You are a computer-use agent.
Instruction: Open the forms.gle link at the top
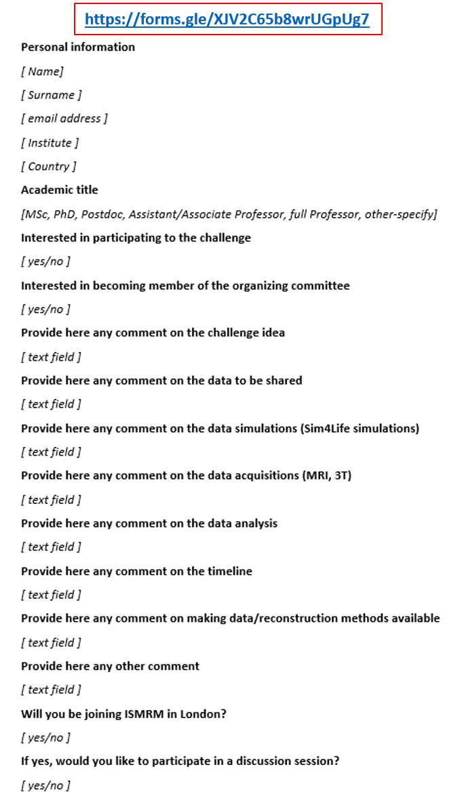coord(227,19)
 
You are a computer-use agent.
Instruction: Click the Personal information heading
coord(78,47)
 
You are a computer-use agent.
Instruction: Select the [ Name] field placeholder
coord(42,71)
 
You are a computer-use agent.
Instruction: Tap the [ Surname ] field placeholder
coord(52,95)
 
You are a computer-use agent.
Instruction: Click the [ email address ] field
coord(64,119)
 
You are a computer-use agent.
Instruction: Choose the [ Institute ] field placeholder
coord(50,142)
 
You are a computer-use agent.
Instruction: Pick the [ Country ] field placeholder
coord(49,166)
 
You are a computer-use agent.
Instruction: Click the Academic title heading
coord(60,190)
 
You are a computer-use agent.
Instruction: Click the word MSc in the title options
coord(36,214)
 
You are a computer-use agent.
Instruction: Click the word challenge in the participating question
coord(225,238)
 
